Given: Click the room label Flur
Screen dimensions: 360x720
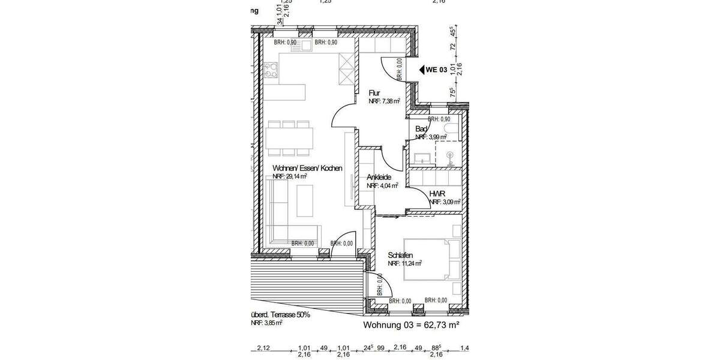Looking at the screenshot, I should (374, 93).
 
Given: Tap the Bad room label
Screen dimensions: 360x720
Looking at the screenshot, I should (421, 129).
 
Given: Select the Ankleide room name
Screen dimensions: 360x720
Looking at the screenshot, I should (379, 178).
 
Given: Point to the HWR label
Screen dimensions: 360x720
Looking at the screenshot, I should (436, 194).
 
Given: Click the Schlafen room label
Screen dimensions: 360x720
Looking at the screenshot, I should (400, 255).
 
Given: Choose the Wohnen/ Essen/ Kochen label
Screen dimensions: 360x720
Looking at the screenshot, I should (307, 169).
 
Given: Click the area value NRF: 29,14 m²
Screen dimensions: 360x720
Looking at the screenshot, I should (290, 177).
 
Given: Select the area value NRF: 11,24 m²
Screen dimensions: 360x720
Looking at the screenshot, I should (404, 263).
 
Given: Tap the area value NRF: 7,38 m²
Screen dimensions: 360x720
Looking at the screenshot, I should (384, 101).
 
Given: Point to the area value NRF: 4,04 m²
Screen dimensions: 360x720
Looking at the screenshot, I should (382, 186).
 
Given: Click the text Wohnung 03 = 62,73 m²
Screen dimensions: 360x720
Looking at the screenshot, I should (411, 325).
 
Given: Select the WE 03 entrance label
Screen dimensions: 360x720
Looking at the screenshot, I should (436, 70).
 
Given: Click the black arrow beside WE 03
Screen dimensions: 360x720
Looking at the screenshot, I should (421, 70).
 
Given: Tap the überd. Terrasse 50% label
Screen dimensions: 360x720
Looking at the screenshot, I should (280, 314).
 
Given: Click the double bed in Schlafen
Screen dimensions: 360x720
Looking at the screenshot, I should (432, 260).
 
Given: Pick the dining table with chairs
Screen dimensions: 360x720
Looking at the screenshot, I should (290, 137).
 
